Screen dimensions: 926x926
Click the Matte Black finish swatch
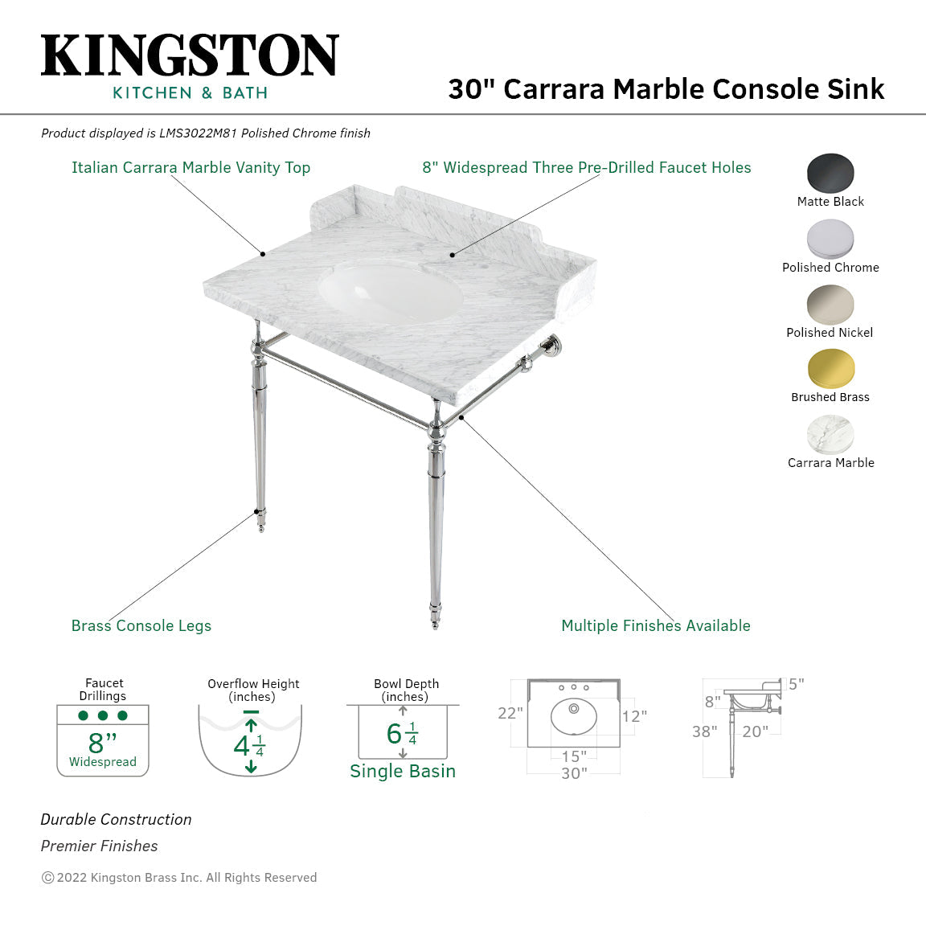pos(830,174)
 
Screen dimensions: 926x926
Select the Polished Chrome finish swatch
pos(830,239)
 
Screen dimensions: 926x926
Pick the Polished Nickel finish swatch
pos(830,305)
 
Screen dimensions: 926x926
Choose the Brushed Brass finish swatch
pos(830,369)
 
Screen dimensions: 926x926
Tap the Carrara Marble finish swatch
pos(830,435)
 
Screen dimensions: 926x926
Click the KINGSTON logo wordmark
pos(190,55)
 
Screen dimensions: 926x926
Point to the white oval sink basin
pos(391,293)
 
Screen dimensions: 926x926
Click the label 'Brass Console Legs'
pos(141,625)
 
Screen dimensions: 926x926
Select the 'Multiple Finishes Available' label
pos(656,625)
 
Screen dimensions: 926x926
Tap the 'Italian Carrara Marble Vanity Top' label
pos(191,167)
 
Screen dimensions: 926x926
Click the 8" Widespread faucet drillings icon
pos(103,740)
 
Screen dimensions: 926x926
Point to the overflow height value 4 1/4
pos(249,746)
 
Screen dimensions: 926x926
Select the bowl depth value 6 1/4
pos(402,733)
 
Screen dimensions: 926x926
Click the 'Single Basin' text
pos(403,771)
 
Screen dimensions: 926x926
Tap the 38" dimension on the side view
pos(704,731)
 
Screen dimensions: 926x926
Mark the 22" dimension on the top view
pos(510,713)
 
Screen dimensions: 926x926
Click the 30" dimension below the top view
pos(574,773)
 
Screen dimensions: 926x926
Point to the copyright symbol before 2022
pos(47,878)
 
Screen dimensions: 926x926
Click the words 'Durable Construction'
pos(117,819)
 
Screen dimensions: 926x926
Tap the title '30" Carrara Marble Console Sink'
pos(666,88)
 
